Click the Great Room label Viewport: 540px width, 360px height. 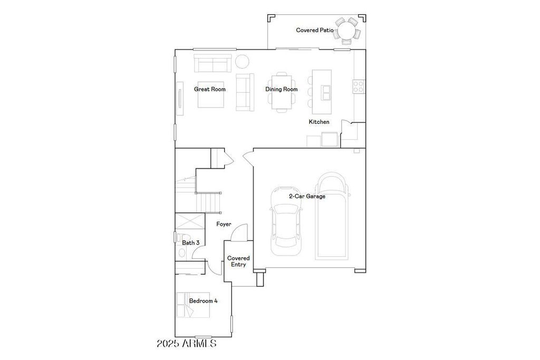[x=210, y=89]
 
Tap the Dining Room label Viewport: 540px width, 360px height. [x=282, y=89]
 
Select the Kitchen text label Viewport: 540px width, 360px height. [x=319, y=122]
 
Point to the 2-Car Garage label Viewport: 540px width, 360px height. [x=307, y=196]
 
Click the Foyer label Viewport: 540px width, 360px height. [x=224, y=224]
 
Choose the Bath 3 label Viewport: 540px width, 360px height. [x=191, y=242]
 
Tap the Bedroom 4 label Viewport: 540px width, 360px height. [x=203, y=301]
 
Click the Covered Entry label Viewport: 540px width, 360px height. [x=238, y=261]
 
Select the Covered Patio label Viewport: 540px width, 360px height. [x=315, y=30]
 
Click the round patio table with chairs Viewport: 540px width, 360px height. [x=348, y=31]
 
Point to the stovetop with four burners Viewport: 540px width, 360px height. [x=359, y=86]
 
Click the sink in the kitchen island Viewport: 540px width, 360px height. [x=325, y=92]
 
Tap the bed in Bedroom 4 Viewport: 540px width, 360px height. [x=193, y=305]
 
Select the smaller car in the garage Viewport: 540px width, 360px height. [x=286, y=221]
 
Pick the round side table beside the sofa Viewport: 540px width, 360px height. [x=242, y=62]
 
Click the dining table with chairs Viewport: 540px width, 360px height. [x=282, y=92]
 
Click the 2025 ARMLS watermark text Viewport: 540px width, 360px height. [x=187, y=343]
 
